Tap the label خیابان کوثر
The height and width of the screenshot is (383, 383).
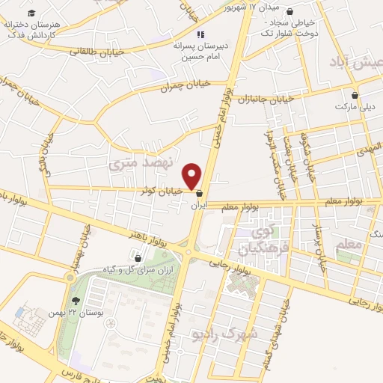click(x=162, y=191)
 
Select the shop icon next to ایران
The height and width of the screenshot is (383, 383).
click(x=198, y=193)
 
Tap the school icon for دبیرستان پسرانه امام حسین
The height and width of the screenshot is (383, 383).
click(x=200, y=34)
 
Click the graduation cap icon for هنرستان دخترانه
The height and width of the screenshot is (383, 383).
click(x=31, y=13)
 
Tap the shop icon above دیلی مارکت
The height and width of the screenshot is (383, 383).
click(x=355, y=95)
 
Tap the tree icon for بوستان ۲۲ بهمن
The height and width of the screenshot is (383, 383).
click(x=74, y=301)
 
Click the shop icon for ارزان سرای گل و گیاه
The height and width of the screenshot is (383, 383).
click(x=138, y=258)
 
